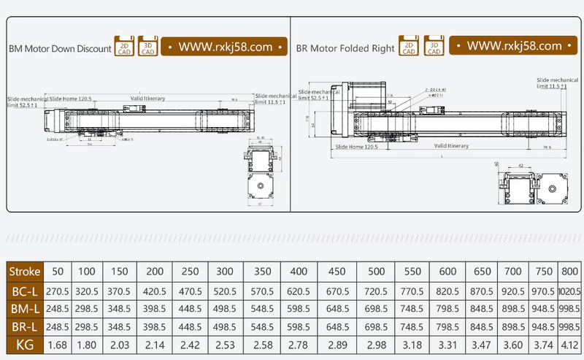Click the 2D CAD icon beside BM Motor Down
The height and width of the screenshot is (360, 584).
coord(124,47)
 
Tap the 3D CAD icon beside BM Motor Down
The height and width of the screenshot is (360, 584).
coord(148,47)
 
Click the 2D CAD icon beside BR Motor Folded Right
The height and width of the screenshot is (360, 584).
coord(409,47)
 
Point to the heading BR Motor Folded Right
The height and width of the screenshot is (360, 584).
coord(345,49)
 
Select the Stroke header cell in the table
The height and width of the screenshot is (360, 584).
coord(25,272)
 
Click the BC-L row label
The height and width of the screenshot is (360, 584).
coord(25,291)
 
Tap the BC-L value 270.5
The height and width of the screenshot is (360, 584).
coord(57,291)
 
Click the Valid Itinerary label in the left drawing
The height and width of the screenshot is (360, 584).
coord(147,98)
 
